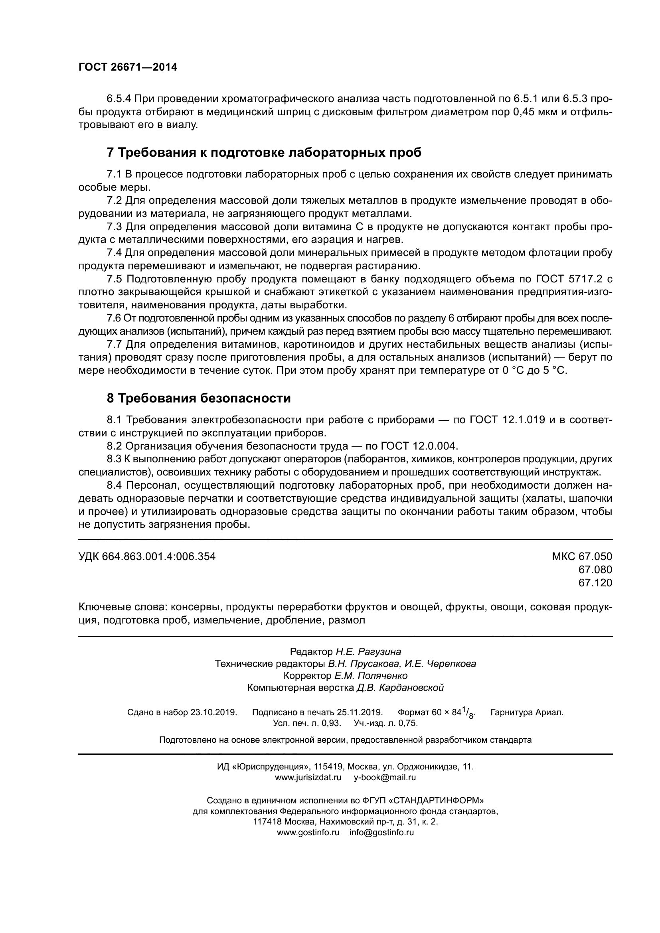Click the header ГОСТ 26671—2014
pyautogui.click(x=128, y=67)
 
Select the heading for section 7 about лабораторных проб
pyautogui.click(x=264, y=152)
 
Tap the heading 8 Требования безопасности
pyautogui.click(x=199, y=398)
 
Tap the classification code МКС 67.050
pyautogui.click(x=581, y=556)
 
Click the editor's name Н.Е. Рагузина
pyautogui.click(x=368, y=652)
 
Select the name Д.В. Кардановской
pyautogui.click(x=400, y=688)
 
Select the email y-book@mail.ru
pyautogui.click(x=385, y=777)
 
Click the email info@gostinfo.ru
pyautogui.click(x=381, y=843)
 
